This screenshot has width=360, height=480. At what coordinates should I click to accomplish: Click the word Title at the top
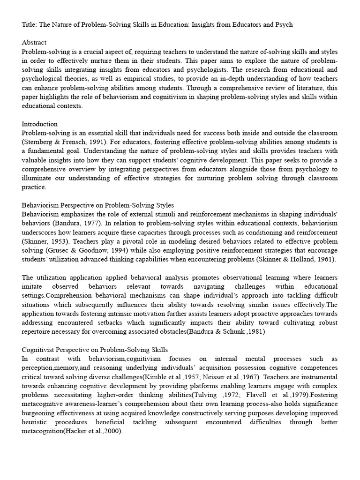click(30, 24)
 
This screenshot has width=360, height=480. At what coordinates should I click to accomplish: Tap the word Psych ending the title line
click(283, 24)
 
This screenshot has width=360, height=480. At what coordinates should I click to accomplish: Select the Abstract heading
click(34, 42)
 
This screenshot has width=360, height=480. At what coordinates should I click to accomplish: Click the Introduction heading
click(40, 124)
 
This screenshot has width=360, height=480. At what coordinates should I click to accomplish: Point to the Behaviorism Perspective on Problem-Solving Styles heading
click(98, 205)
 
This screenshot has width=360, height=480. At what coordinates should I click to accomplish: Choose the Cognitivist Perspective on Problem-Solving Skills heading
click(95, 350)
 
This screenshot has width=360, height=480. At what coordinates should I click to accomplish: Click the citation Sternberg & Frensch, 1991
click(63, 142)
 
